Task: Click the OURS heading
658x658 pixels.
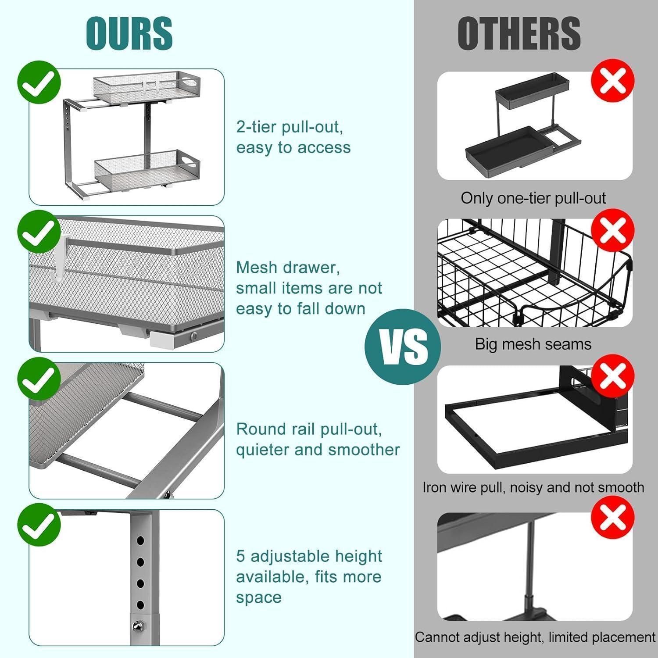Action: [x=129, y=33]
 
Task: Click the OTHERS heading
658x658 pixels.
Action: [x=519, y=33]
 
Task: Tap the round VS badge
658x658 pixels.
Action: [x=403, y=347]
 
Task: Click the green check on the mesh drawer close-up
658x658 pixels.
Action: [x=39, y=233]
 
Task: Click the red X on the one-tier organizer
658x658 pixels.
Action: [x=613, y=81]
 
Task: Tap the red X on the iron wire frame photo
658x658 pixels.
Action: [x=613, y=376]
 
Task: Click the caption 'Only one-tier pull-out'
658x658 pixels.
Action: [x=533, y=198]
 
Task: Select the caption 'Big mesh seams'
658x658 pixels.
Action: [x=533, y=344]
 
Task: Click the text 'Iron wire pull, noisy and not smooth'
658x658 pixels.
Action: [x=533, y=487]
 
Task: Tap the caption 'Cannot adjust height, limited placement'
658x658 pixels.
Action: [x=535, y=637]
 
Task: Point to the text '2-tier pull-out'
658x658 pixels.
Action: [x=290, y=127]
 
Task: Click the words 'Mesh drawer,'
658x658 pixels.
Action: [x=288, y=268]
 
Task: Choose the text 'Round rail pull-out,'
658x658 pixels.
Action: [x=309, y=429]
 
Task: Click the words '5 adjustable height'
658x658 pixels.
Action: [x=309, y=556]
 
